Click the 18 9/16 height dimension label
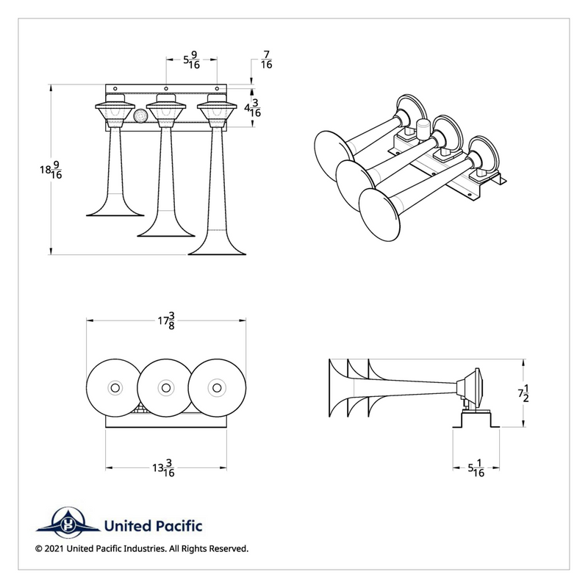[51, 170]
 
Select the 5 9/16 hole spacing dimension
[191, 60]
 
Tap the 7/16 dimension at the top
[266, 60]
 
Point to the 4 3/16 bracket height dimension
[253, 108]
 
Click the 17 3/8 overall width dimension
[166, 320]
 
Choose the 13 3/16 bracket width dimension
[163, 468]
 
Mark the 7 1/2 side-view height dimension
[523, 393]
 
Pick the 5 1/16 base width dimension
[476, 468]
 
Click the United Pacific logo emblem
[68, 523]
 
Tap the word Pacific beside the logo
[179, 526]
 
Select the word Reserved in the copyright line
[229, 548]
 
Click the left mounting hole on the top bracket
[115, 88]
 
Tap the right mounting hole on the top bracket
[217, 88]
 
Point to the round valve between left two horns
[140, 115]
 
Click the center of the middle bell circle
[166, 388]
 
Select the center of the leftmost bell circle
[115, 388]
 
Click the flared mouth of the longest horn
[217, 249]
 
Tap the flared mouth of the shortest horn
[115, 211]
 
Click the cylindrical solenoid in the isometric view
[423, 130]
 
